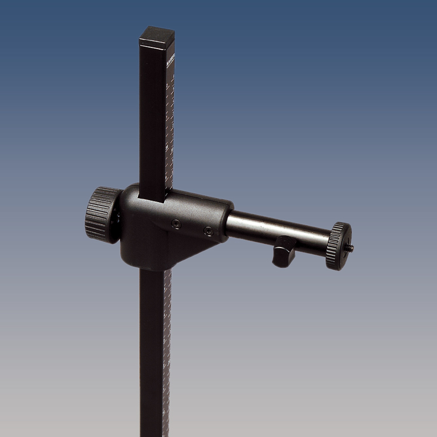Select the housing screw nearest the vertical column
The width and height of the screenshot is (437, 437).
pos(176,224)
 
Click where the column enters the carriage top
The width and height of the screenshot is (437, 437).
pos(152,197)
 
